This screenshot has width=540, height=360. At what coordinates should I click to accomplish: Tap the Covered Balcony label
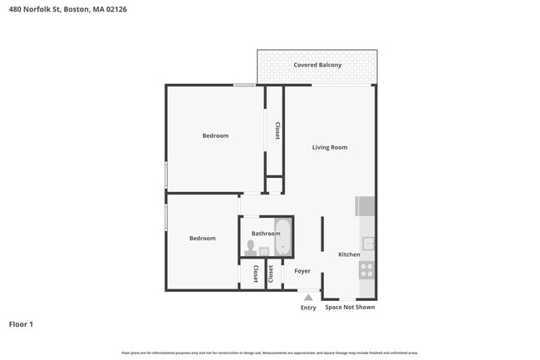(x=317, y=65)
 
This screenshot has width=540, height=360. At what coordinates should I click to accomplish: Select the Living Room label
(x=329, y=147)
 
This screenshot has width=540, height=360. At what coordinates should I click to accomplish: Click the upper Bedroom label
(x=215, y=136)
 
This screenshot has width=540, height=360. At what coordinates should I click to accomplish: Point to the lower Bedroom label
(x=202, y=239)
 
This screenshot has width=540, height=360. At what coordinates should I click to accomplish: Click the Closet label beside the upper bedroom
(x=277, y=131)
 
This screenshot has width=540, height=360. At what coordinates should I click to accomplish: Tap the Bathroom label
(x=266, y=234)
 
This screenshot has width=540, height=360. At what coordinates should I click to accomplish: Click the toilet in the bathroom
(x=250, y=248)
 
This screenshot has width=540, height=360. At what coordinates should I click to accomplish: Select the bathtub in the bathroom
(x=283, y=238)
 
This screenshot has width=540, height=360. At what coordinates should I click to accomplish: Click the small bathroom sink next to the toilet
(x=264, y=251)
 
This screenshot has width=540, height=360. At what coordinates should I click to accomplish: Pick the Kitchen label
(x=349, y=254)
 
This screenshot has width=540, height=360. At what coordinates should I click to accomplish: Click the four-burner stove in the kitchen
(x=366, y=269)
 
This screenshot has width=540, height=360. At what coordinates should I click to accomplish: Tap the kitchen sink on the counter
(x=367, y=244)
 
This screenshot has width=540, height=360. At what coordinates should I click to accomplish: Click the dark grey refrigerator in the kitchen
(x=366, y=206)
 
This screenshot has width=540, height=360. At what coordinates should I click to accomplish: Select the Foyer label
(x=302, y=271)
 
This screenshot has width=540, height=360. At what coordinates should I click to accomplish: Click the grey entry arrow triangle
(x=308, y=297)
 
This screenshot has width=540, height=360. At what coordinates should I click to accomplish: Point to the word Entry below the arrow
(x=308, y=308)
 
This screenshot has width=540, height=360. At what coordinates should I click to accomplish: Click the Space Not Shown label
(x=350, y=308)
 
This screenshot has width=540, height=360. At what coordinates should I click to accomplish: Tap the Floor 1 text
(x=21, y=324)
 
